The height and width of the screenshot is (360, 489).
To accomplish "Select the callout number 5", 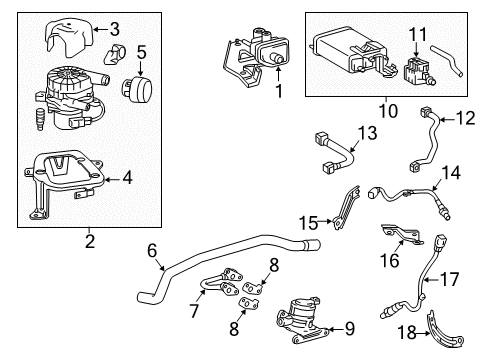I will pyautogui.click(x=142, y=52).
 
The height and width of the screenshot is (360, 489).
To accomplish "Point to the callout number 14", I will pyautogui.click(x=451, y=172).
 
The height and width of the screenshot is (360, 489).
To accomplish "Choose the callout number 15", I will pyautogui.click(x=309, y=221).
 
